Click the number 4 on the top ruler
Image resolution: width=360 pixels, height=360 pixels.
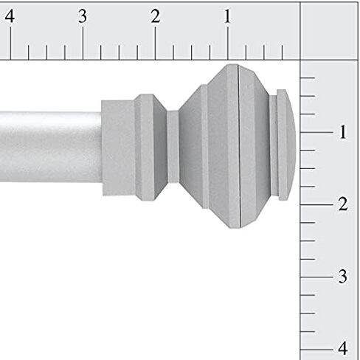point(10,16)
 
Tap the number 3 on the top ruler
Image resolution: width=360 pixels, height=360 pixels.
point(82,16)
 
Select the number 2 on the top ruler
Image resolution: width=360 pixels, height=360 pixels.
point(155,16)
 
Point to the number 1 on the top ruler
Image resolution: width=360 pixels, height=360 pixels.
point(227,16)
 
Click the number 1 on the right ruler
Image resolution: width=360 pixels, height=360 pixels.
point(342,133)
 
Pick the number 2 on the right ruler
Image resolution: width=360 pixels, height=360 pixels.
point(342,204)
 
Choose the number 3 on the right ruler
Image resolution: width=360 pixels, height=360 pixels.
point(342,277)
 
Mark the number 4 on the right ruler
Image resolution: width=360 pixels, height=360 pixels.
point(342,348)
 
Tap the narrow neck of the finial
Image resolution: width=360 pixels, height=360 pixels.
point(173,145)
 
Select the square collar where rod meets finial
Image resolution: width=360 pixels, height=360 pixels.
point(118,148)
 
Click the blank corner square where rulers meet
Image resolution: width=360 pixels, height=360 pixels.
point(329,30)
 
